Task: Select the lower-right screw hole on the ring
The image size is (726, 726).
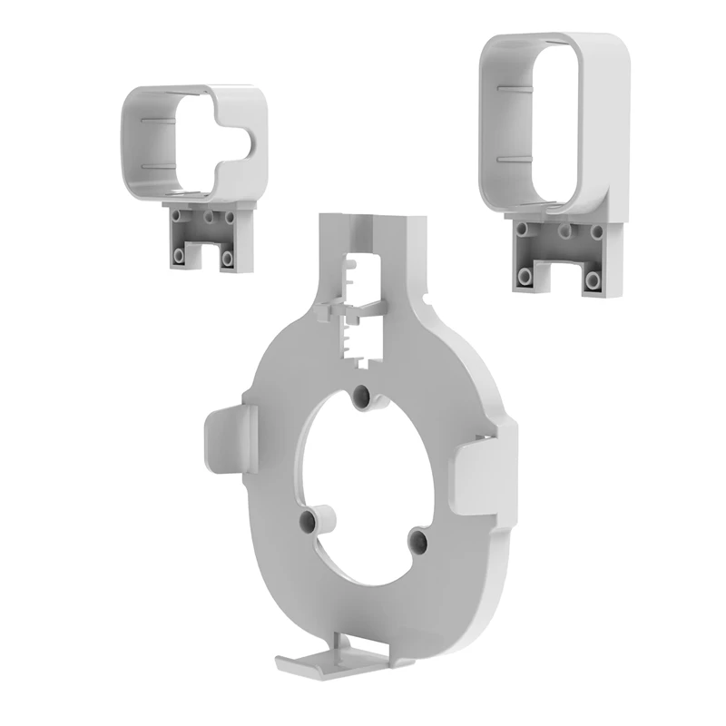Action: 418,541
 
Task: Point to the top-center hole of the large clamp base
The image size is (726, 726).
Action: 562,231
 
